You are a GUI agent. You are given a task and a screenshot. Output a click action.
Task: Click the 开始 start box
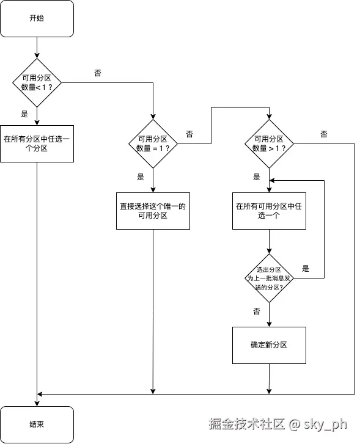coord(37,18)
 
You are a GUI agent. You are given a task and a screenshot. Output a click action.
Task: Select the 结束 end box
coord(37,424)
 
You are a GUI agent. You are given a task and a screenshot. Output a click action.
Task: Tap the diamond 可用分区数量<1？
coord(37,82)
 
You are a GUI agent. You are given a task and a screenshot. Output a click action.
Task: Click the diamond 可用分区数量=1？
coord(153,144)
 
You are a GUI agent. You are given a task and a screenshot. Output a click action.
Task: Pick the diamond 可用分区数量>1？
coord(269,144)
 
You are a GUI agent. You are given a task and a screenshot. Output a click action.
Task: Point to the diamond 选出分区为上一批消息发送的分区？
coord(269,278)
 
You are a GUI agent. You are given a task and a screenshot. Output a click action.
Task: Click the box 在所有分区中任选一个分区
coord(37,144)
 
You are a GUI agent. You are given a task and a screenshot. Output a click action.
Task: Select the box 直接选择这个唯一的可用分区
coord(153,211)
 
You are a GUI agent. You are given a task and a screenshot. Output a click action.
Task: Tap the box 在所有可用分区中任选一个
coord(269,211)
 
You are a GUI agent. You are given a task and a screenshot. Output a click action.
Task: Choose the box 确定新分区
coord(269,345)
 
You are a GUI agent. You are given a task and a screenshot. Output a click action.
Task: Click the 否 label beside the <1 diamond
coord(98,73)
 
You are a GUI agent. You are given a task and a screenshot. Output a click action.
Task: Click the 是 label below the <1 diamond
coord(25,114)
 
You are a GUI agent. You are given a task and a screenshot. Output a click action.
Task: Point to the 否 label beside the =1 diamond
coord(189,134)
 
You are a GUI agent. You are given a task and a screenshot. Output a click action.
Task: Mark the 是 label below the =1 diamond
coord(141,177)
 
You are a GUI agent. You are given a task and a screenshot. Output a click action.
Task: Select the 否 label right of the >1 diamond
coord(323,134)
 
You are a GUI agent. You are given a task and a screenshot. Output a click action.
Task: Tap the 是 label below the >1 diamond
coord(257,177)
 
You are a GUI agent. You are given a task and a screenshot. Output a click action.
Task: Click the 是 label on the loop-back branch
coord(306,268)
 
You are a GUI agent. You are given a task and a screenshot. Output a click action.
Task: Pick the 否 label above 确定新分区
coord(257,311)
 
